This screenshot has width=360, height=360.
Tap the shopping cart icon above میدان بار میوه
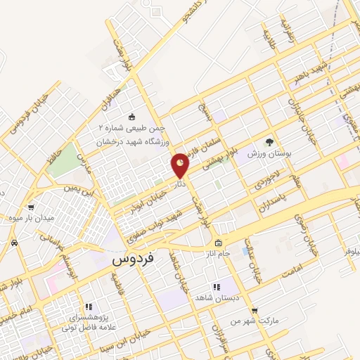31,207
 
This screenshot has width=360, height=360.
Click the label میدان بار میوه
34,218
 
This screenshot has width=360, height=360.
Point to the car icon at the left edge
15,243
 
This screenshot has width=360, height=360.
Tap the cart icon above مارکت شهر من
254,310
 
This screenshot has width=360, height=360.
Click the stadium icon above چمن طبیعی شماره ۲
131,117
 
